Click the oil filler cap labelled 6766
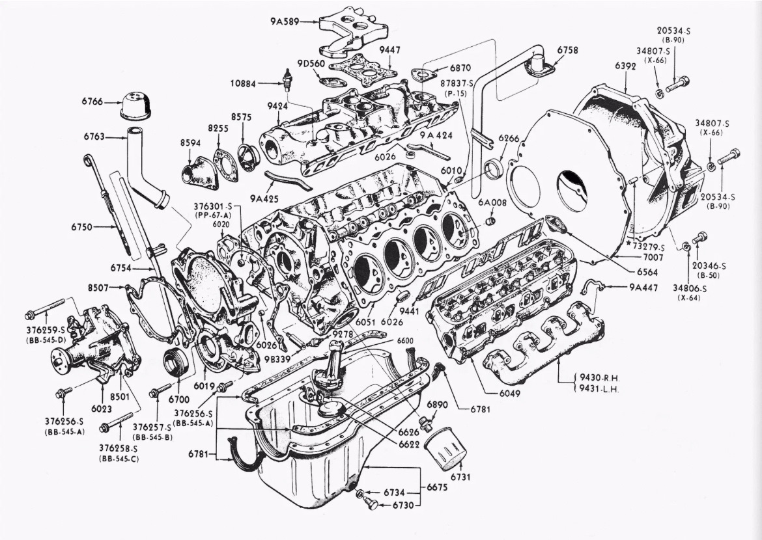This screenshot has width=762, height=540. (x=135, y=107)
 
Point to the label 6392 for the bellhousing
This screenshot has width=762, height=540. (x=625, y=66)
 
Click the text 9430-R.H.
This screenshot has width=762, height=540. (x=599, y=377)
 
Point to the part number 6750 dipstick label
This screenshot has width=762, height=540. (x=85, y=227)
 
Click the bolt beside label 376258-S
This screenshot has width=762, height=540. (x=118, y=422)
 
